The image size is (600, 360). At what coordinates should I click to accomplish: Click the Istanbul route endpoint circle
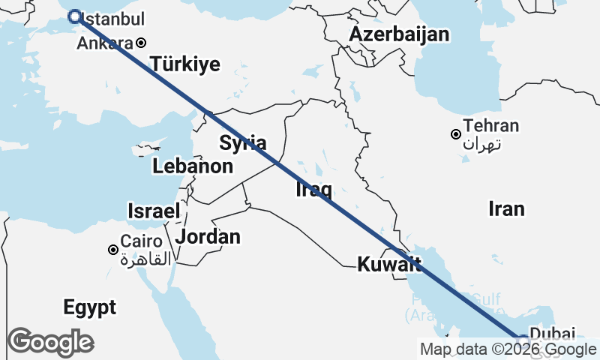tap(75, 16)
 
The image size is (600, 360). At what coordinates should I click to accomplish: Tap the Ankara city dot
tap(140, 43)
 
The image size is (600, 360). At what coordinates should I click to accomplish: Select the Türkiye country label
tap(185, 64)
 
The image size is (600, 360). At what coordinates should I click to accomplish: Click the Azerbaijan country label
tap(399, 34)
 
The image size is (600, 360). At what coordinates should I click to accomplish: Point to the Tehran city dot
tap(455, 134)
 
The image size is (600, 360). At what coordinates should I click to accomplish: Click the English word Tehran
tap(491, 126)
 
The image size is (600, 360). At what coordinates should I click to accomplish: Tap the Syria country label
tap(242, 142)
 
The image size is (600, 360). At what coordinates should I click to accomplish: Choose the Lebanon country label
tap(193, 166)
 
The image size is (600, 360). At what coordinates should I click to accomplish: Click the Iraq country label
tap(314, 190)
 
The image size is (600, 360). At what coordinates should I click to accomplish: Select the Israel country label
tap(154, 211)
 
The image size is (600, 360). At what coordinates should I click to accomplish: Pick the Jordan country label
tap(208, 237)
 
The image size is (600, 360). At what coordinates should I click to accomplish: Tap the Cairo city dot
tap(112, 249)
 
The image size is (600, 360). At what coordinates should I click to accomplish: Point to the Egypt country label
tap(89, 307)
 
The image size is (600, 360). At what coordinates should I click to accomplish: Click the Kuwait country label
tap(388, 264)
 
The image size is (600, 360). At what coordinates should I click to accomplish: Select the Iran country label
tap(506, 208)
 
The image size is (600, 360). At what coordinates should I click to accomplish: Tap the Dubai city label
tap(552, 334)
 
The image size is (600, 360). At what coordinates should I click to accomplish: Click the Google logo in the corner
tap(50, 342)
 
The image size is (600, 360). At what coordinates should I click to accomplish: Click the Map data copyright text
tap(508, 349)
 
